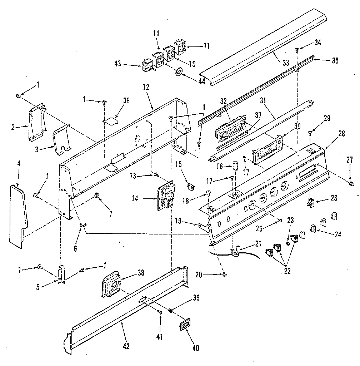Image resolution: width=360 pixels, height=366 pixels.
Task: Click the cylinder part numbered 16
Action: pos(235,166)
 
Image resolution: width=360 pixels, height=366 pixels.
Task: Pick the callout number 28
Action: pos(341,134)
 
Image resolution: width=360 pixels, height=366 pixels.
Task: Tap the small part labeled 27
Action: pos(351,183)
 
